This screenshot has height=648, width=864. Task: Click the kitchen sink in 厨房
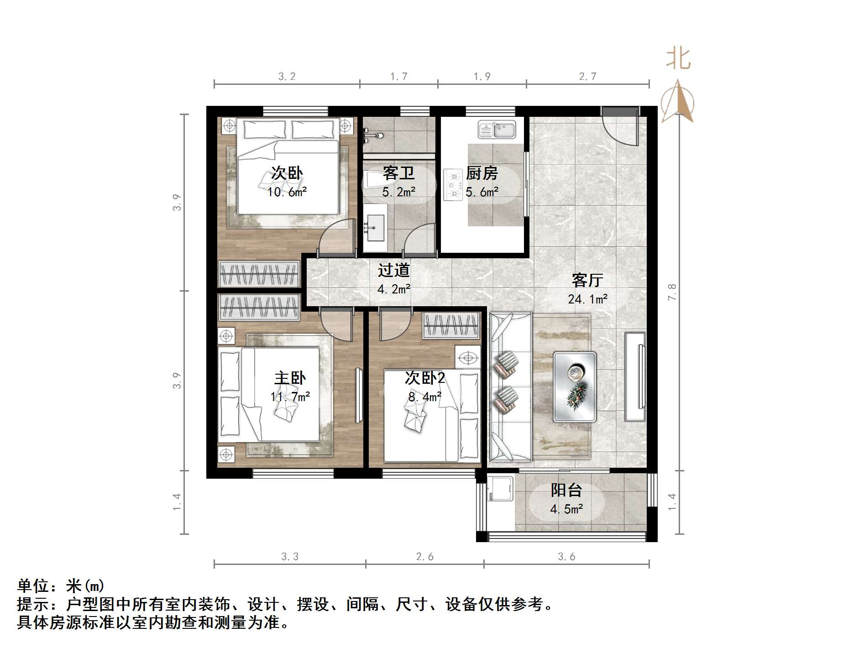tap(497, 130)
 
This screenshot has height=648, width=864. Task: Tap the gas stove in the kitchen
tap(453, 185)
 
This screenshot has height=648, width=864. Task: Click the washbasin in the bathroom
tap(375, 227)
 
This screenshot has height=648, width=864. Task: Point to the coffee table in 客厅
tap(575, 387)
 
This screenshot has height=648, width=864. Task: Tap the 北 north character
tap(678, 59)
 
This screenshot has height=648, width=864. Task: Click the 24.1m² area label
tap(587, 299)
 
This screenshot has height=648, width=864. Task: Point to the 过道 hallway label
tap(393, 270)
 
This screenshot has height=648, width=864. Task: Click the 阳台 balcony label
tap(566, 490)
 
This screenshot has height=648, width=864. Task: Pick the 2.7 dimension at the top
tap(587, 77)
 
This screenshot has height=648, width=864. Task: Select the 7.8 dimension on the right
tap(672, 292)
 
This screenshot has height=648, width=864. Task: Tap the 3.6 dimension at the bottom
tap(566, 556)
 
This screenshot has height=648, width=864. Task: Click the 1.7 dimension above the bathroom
tap(398, 77)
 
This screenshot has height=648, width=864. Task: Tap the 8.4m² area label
tap(424, 397)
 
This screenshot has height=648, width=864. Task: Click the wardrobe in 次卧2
tap(451, 325)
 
